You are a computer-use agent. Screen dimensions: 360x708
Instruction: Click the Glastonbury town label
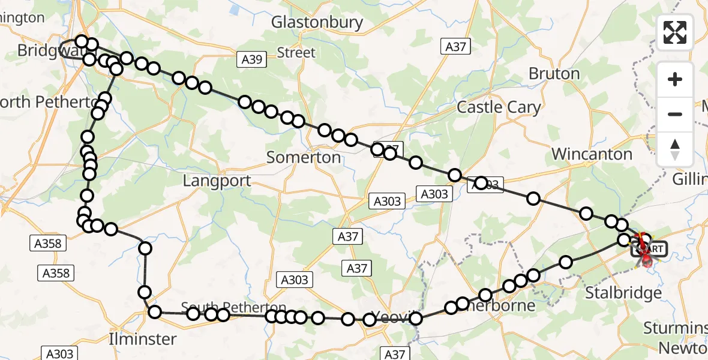click(317, 23)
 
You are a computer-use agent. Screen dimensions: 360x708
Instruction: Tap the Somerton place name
click(304, 158)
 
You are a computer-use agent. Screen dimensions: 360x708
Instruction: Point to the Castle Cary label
click(499, 107)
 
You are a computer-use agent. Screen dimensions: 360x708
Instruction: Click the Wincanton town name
click(592, 154)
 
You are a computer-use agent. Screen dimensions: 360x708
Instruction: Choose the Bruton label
click(554, 74)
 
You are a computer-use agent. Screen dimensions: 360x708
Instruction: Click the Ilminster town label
click(143, 339)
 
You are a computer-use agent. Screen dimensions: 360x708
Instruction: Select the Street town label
click(296, 53)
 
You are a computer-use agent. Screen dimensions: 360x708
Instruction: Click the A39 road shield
click(251, 59)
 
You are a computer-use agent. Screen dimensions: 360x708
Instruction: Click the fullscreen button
click(675, 32)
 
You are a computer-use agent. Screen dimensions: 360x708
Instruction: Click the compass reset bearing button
click(675, 148)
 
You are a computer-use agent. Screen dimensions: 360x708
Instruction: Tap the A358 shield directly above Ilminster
click(56, 274)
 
